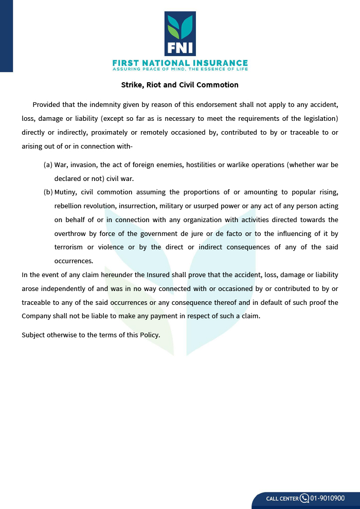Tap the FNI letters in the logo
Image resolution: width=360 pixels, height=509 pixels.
click(180, 47)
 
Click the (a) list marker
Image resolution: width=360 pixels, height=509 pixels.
click(48, 165)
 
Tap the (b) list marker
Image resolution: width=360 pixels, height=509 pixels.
click(48, 192)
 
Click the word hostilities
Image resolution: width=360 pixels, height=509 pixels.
click(203, 165)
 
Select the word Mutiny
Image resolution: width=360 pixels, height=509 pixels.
click(65, 192)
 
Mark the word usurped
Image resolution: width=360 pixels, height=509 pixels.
click(210, 206)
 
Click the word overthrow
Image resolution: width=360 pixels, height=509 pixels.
click(70, 233)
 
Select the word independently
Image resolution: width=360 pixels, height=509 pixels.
click(59, 289)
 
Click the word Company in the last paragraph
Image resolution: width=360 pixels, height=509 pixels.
click(38, 316)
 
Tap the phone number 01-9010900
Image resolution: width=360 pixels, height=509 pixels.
click(328, 498)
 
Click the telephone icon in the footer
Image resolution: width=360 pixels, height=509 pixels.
click(304, 498)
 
